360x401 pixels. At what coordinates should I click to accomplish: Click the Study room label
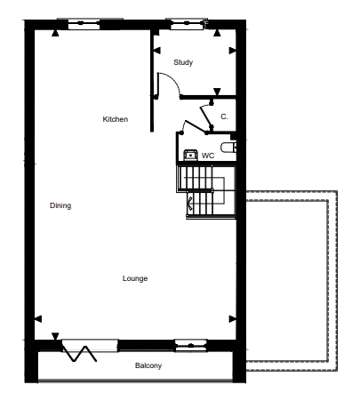(x=183, y=62)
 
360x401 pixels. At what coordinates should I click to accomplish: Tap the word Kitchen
(x=116, y=119)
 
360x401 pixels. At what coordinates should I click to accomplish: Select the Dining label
(x=60, y=205)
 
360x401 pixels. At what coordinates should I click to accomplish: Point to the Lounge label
(x=135, y=278)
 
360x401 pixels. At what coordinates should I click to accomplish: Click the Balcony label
(x=148, y=365)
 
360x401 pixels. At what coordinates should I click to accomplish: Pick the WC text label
(x=208, y=156)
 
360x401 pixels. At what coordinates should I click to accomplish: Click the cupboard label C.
(x=224, y=116)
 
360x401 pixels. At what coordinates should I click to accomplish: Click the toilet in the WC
(x=228, y=148)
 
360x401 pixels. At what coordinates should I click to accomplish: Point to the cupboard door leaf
(x=206, y=116)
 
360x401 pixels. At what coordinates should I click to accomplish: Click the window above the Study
(x=187, y=24)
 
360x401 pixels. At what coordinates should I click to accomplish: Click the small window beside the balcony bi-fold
(x=191, y=346)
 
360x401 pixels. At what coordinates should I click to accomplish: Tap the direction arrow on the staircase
(x=189, y=203)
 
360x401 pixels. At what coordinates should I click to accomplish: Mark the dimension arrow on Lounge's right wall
(x=233, y=319)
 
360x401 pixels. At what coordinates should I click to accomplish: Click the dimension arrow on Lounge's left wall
(x=38, y=319)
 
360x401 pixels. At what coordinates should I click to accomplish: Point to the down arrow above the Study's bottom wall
(x=217, y=92)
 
